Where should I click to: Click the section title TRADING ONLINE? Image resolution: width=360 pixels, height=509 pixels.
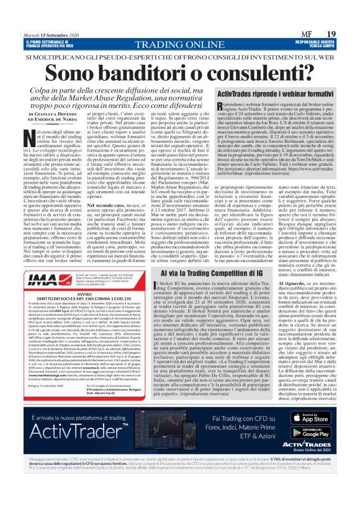pos(179,45)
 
